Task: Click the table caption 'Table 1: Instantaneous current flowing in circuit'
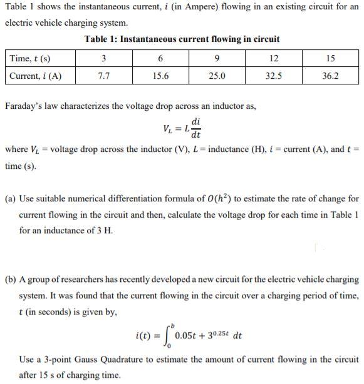coord(182,39)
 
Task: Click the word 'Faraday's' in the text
coord(24,106)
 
